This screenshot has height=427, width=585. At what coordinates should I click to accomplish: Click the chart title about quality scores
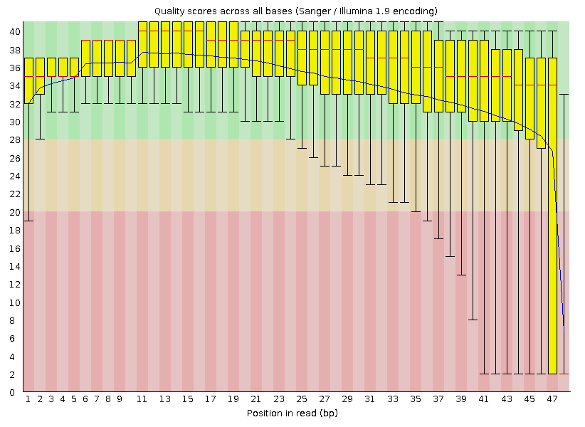[295, 11]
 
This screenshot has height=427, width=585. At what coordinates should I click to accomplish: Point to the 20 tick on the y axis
[14, 212]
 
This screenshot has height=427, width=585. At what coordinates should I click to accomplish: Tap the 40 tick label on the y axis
[14, 32]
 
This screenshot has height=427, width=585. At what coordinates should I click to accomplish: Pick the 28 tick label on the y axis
[14, 140]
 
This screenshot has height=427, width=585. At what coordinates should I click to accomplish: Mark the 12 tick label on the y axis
[14, 284]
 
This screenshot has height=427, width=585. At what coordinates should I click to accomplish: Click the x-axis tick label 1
[28, 400]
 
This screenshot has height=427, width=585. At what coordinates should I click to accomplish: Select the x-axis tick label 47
[552, 400]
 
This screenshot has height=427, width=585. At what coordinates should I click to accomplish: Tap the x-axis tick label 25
[302, 400]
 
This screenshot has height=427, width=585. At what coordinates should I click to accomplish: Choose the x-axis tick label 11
[142, 400]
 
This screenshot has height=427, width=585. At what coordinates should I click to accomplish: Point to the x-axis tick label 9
[120, 400]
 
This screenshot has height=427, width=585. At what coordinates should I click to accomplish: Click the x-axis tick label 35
[416, 400]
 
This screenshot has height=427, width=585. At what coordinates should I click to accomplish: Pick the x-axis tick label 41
[484, 400]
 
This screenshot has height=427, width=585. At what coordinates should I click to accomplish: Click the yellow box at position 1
[28, 80]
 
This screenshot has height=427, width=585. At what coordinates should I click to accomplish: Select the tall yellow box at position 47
[552, 213]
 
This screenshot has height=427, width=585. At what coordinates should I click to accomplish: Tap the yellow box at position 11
[142, 44]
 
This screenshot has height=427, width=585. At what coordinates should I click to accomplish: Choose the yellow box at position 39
[461, 76]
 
